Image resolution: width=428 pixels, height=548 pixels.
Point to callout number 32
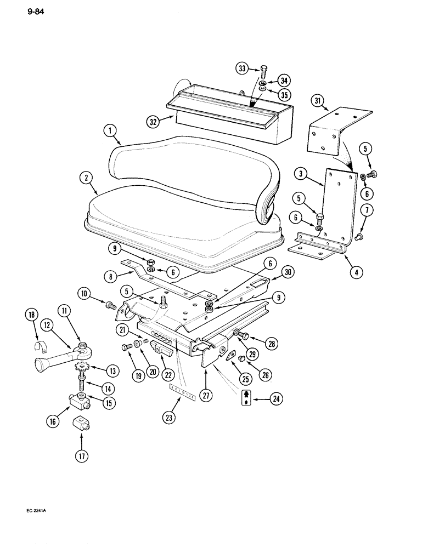pos(154,121)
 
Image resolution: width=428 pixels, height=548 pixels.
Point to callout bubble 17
pos(81,455)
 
